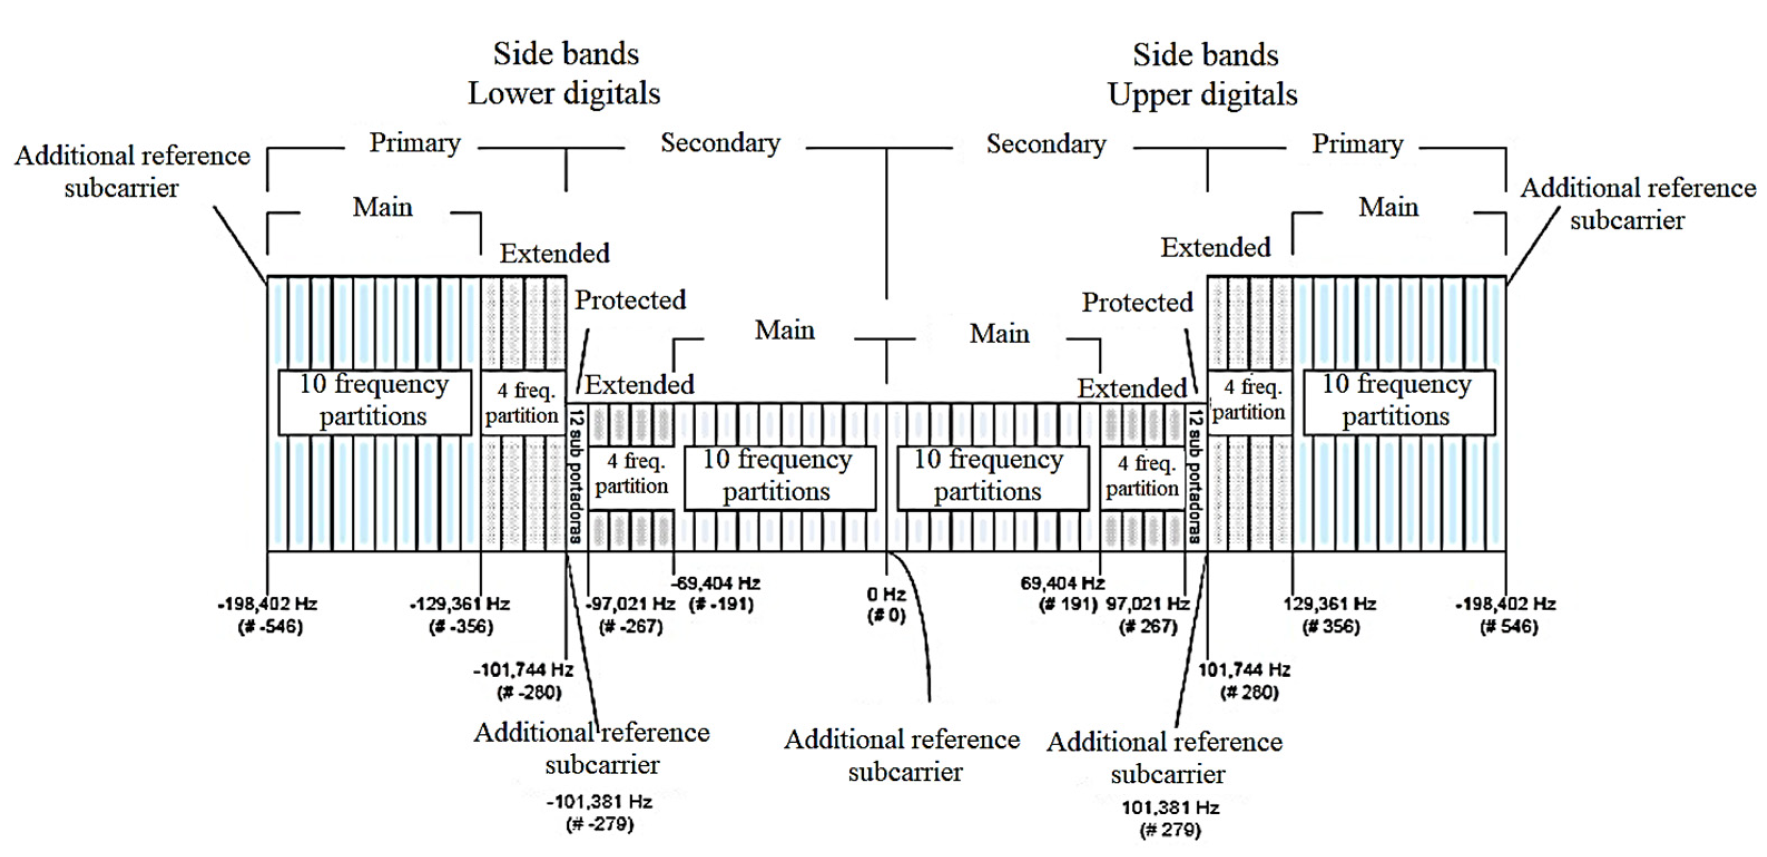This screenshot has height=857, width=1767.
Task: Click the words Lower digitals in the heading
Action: (564, 94)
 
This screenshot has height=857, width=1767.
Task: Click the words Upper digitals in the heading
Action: (1203, 95)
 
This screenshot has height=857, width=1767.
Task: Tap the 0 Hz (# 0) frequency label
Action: (886, 605)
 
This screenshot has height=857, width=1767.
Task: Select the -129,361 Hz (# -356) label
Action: (460, 615)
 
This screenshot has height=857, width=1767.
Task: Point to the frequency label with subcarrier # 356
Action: (1330, 615)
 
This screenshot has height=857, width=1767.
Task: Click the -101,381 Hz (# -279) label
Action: (599, 812)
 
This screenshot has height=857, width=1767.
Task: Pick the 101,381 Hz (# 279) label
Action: (1170, 819)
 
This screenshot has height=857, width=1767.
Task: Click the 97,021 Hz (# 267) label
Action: (1148, 615)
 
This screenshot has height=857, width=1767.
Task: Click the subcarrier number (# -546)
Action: (269, 626)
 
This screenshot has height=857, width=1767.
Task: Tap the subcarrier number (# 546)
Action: (1508, 626)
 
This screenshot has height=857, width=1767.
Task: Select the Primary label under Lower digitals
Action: (415, 143)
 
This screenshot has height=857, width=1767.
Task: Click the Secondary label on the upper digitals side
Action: (1046, 144)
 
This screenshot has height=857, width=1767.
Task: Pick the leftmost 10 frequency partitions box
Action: (375, 401)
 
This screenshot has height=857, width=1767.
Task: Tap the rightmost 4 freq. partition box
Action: (1248, 400)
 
